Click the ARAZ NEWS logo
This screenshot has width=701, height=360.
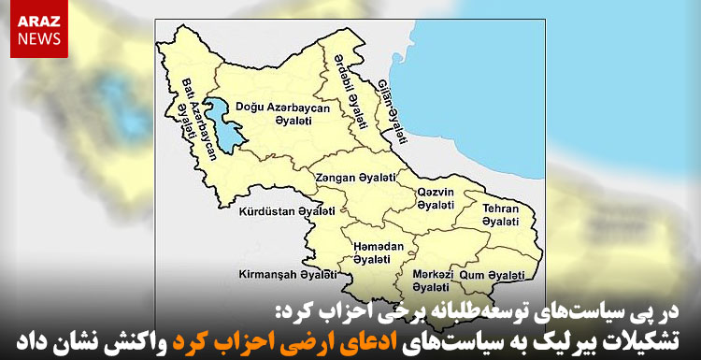37,29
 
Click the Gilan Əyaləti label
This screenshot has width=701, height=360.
393,111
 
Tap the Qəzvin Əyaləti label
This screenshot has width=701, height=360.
436,198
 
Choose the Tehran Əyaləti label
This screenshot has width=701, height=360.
500,214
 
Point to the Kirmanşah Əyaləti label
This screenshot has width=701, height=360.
287,276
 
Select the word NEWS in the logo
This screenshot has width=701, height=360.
37,39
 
